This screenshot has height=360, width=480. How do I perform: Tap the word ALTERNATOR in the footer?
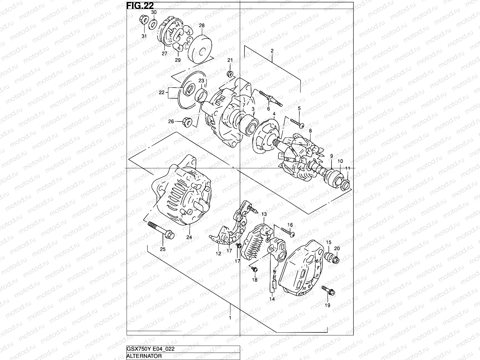point(144,356)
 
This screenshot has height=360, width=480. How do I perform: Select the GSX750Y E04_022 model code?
point(151,349)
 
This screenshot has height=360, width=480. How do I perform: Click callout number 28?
point(202,26)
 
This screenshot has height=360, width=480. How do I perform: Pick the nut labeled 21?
point(230,73)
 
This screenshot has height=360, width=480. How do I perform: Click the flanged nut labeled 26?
point(187,122)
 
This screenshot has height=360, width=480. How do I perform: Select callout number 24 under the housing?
point(189,237)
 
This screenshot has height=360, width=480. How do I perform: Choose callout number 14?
point(272,299)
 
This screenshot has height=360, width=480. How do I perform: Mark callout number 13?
point(264,214)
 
